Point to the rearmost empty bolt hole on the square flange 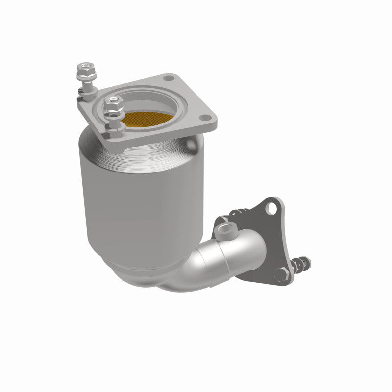point(170,78)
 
